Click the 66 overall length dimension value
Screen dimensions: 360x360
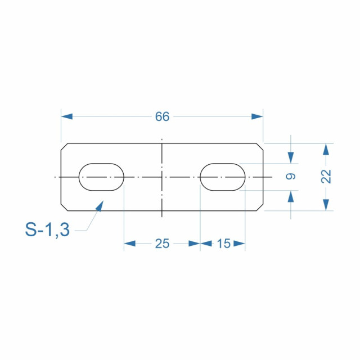[163, 116]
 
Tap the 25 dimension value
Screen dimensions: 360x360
[163, 244]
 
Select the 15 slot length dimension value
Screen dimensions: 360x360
[223, 244]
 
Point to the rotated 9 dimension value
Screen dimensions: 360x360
[291, 176]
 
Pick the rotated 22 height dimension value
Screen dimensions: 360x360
[326, 176]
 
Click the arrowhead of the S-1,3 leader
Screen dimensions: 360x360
[100, 206]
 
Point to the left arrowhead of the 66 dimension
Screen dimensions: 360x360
[67, 116]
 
